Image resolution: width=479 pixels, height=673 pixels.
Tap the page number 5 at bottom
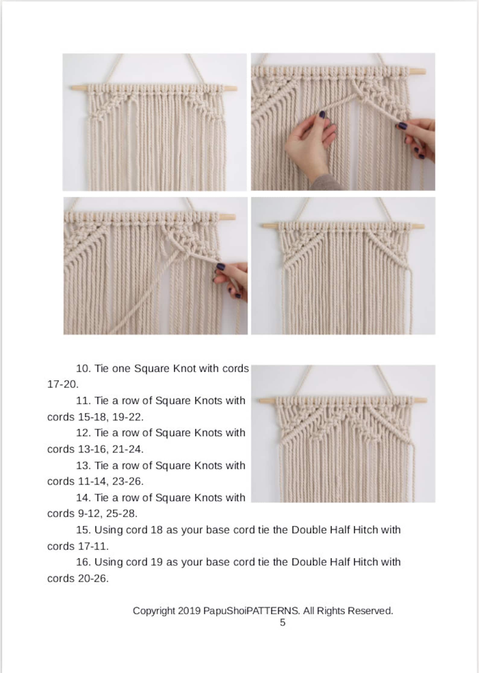click(x=282, y=623)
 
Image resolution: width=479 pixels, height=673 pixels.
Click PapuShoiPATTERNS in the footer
click(x=251, y=611)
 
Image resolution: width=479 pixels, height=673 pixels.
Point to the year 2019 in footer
click(x=189, y=611)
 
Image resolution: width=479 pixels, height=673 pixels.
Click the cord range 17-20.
click(x=63, y=384)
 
